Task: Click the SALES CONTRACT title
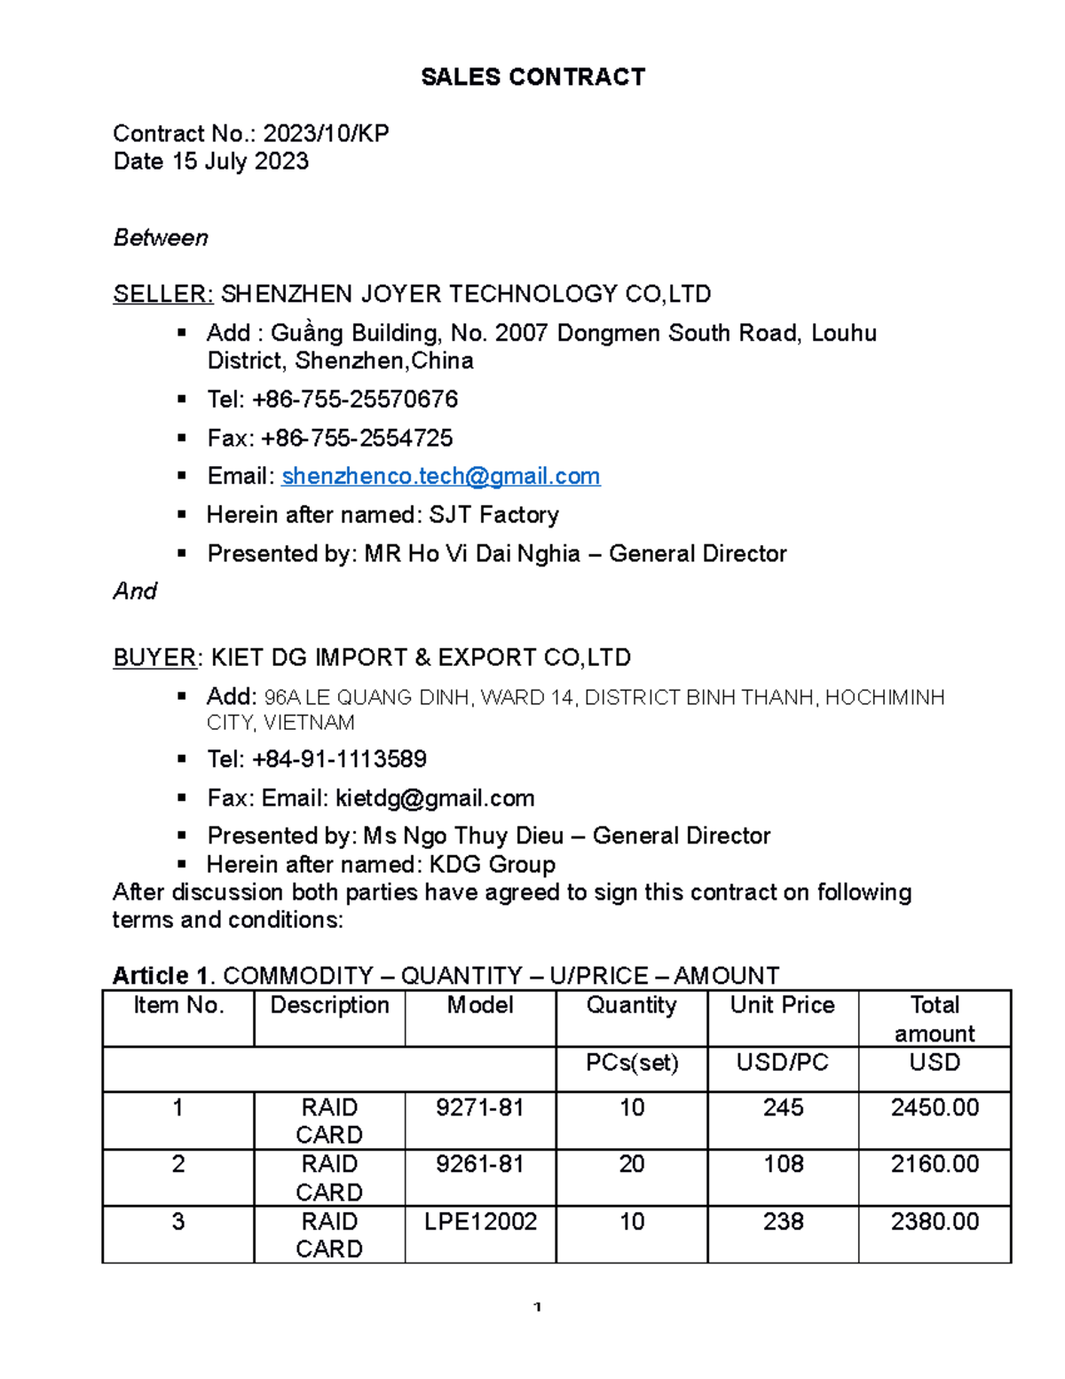(532, 77)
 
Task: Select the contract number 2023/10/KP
(326, 134)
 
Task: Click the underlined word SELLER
(162, 294)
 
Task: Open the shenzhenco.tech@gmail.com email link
(440, 477)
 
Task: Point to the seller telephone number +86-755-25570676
(355, 400)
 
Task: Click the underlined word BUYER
(155, 658)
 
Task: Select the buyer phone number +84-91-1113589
(339, 759)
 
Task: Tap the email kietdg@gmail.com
(435, 798)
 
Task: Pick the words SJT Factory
(494, 515)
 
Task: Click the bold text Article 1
(162, 976)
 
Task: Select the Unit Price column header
(782, 1005)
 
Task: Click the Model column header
(480, 1005)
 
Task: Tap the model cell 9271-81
(480, 1108)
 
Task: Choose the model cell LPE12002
(480, 1222)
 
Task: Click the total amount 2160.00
(935, 1164)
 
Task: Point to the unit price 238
(783, 1222)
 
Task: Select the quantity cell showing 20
(631, 1164)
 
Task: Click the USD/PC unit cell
(782, 1063)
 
